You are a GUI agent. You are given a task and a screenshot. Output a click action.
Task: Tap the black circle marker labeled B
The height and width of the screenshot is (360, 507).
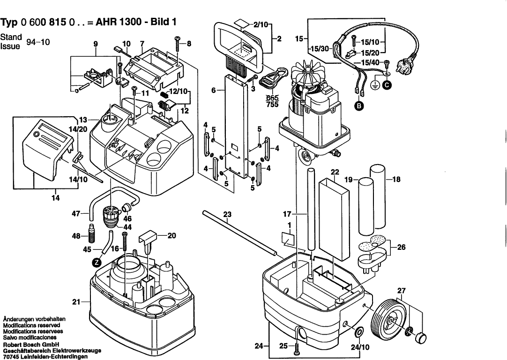click(359, 106)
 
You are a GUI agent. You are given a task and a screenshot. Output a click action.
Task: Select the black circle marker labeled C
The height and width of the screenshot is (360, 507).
click(388, 85)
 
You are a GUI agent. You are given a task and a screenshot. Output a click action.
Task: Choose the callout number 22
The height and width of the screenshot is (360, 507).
click(335, 172)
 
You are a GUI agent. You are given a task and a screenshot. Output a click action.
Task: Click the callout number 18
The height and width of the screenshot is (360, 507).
click(396, 179)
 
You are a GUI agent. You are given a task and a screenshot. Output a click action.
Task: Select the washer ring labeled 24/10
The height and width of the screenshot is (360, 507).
click(358, 332)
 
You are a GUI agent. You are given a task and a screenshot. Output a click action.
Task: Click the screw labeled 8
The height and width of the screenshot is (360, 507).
click(177, 43)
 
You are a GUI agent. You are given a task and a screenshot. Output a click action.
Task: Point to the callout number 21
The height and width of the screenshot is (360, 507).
click(75, 301)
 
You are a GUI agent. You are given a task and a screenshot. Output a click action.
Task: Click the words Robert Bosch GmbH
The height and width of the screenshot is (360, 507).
click(31, 344)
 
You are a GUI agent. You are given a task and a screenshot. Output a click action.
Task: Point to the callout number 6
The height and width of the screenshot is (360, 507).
click(214, 90)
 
